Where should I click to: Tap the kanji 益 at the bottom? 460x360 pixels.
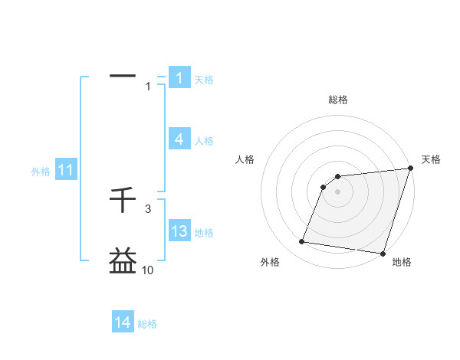point(123,260)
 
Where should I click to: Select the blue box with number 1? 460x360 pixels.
point(179,77)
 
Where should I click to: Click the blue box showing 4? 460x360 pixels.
point(179,139)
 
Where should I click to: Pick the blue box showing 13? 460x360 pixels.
point(179,231)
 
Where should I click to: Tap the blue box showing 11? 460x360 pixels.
point(65,171)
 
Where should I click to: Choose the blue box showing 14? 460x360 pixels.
point(123,322)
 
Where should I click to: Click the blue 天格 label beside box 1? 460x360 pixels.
point(204,79)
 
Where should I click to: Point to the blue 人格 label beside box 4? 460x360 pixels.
point(204,141)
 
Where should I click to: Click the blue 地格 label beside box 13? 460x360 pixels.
point(204,233)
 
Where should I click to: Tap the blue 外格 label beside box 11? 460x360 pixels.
point(41,172)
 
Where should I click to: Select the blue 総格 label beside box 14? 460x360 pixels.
point(147,324)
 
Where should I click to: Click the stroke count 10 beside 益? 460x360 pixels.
point(147,270)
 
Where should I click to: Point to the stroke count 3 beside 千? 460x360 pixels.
point(148,208)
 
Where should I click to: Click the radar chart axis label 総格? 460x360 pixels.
point(338,100)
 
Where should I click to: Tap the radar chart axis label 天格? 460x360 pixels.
point(431,159)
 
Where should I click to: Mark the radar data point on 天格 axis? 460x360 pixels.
point(410,169)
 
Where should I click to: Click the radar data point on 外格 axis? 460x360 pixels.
point(302,242)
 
